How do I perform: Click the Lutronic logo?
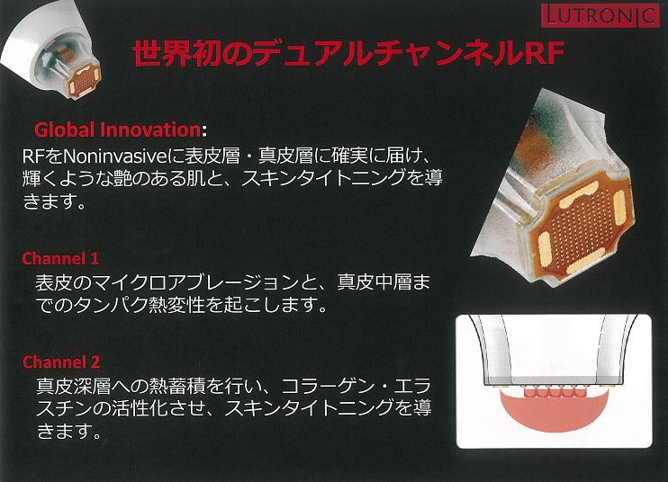(x=600, y=16)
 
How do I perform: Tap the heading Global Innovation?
(x=117, y=129)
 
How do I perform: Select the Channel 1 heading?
(x=60, y=258)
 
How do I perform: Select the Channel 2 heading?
(x=61, y=362)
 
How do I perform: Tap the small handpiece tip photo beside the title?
(x=51, y=49)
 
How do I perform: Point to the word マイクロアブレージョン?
(x=192, y=282)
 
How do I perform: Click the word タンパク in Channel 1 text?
(x=111, y=305)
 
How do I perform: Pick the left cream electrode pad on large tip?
(x=545, y=247)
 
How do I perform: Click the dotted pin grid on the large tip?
(x=581, y=227)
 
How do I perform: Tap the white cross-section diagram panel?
(x=554, y=381)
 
